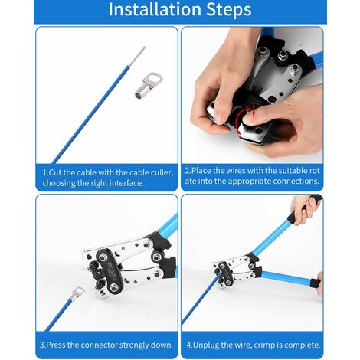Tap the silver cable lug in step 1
pyautogui.click(x=149, y=85)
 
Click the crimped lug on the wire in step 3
pyautogui.click(x=77, y=293)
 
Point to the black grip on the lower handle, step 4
pyautogui.click(x=316, y=283)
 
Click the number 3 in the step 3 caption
pyautogui.click(x=42, y=345)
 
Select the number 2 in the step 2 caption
pyautogui.click(x=188, y=171)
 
